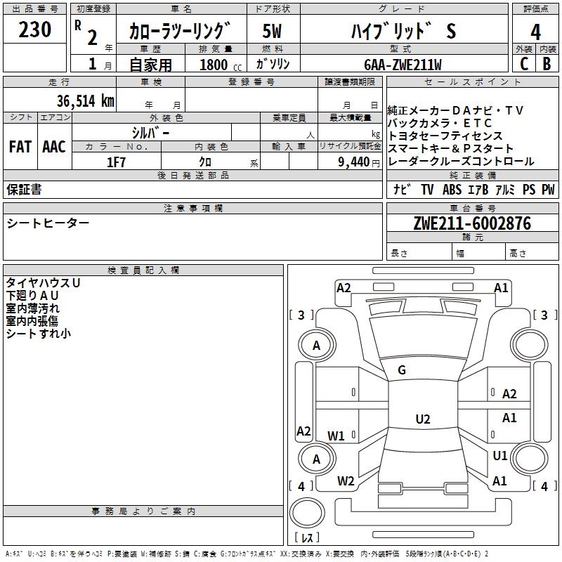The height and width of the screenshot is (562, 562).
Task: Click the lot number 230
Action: pos(35,30)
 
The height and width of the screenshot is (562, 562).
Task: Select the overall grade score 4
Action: pos(535,32)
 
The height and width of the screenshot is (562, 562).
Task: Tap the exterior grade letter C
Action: pos(523,63)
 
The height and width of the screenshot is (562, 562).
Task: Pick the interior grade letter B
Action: pos(547,63)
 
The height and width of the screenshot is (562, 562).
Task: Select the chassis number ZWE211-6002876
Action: pos(472,223)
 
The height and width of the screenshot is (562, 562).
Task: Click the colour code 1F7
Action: pos(116,162)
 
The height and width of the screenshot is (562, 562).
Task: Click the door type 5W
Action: pos(272,32)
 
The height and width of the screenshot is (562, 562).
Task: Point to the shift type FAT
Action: pos(20,147)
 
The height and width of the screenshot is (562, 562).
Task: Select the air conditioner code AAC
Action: pos(54,147)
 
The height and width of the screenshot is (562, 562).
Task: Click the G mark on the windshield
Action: pos(402,370)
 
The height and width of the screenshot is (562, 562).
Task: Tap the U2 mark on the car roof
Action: pos(422,419)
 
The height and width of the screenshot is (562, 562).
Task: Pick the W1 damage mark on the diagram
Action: pos(336,436)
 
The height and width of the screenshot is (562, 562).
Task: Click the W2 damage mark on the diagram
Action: pos(346,481)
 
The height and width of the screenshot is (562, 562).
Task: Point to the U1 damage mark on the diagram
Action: pos(500,456)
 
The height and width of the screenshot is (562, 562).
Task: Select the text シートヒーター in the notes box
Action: pos(48,223)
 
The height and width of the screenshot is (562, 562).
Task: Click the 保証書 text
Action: pos(24,190)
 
